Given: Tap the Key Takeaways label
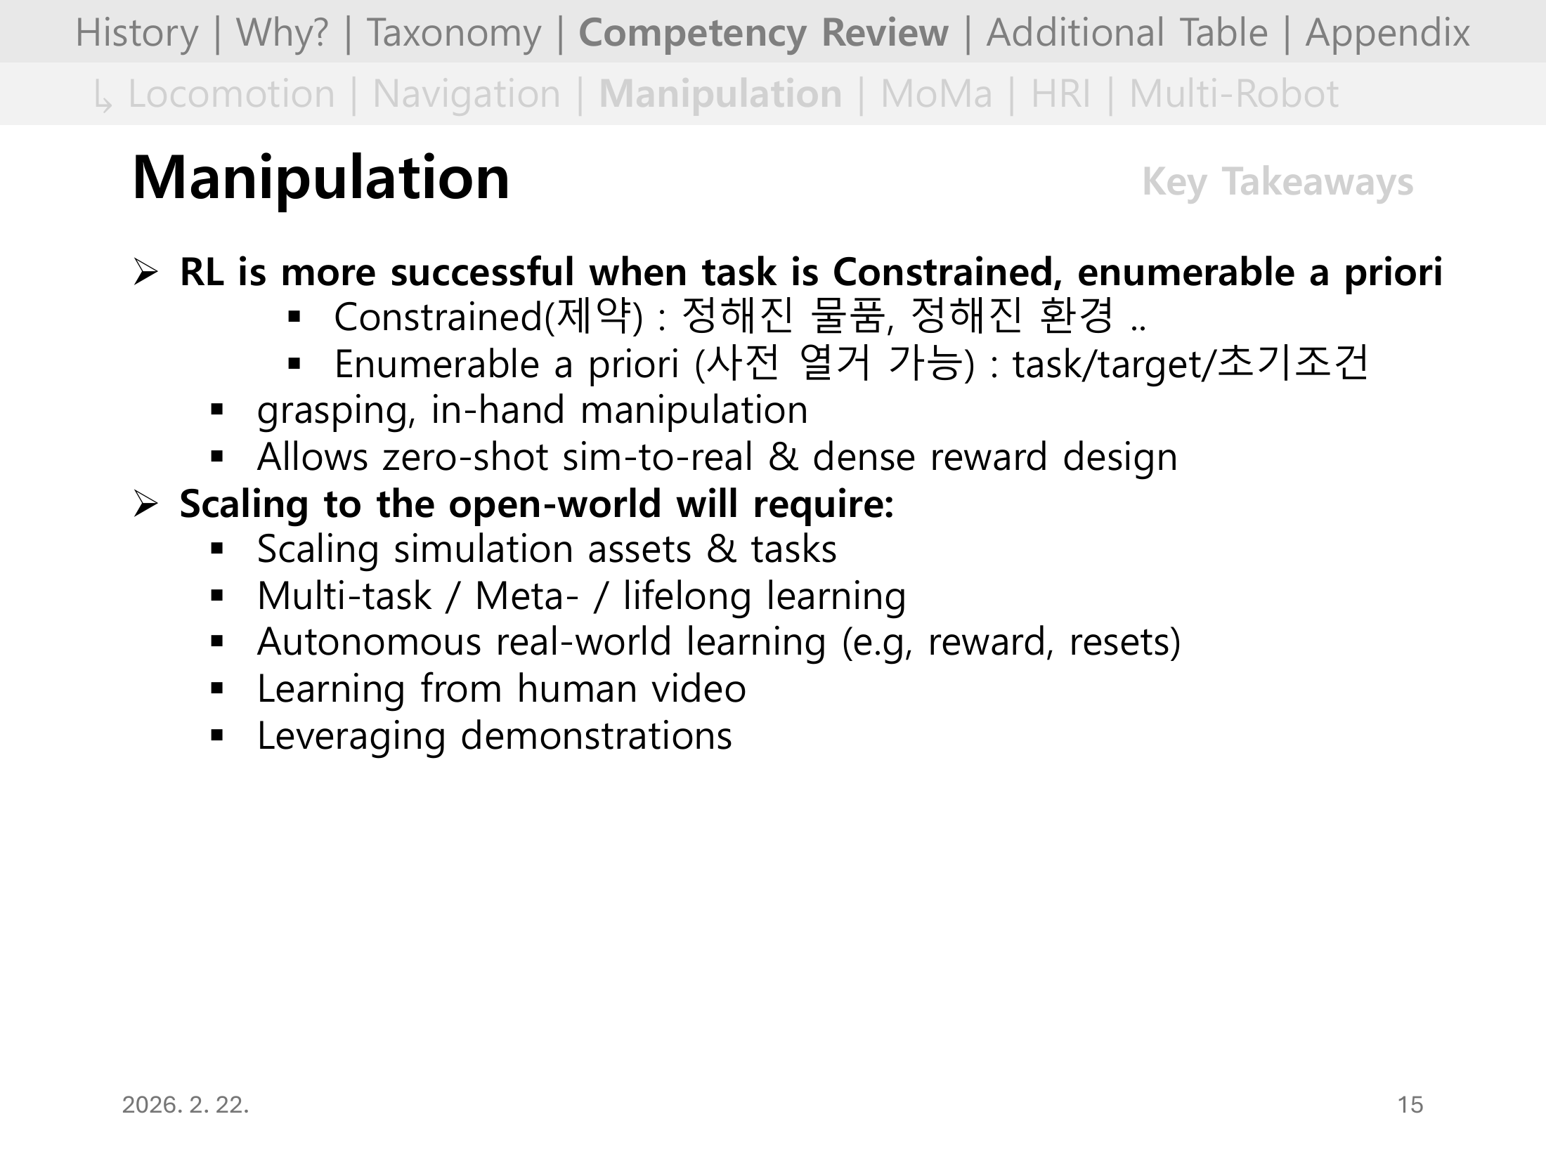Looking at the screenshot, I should click(x=1277, y=182).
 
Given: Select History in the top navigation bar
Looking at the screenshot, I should click(x=136, y=32).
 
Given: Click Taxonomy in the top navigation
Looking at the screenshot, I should click(x=454, y=32).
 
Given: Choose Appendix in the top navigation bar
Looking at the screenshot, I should click(x=1387, y=32).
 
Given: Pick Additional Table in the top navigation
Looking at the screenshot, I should click(x=1126, y=32).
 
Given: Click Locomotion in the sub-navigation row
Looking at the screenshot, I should click(x=231, y=94).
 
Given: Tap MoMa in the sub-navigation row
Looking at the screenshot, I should click(x=936, y=94).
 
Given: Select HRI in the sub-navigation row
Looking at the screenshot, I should click(x=1060, y=94).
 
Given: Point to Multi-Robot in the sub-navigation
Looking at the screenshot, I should click(x=1233, y=94).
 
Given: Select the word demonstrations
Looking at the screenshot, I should click(x=596, y=735).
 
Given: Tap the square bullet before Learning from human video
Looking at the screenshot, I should click(x=216, y=689).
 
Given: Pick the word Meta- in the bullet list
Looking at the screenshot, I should click(x=527, y=596).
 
